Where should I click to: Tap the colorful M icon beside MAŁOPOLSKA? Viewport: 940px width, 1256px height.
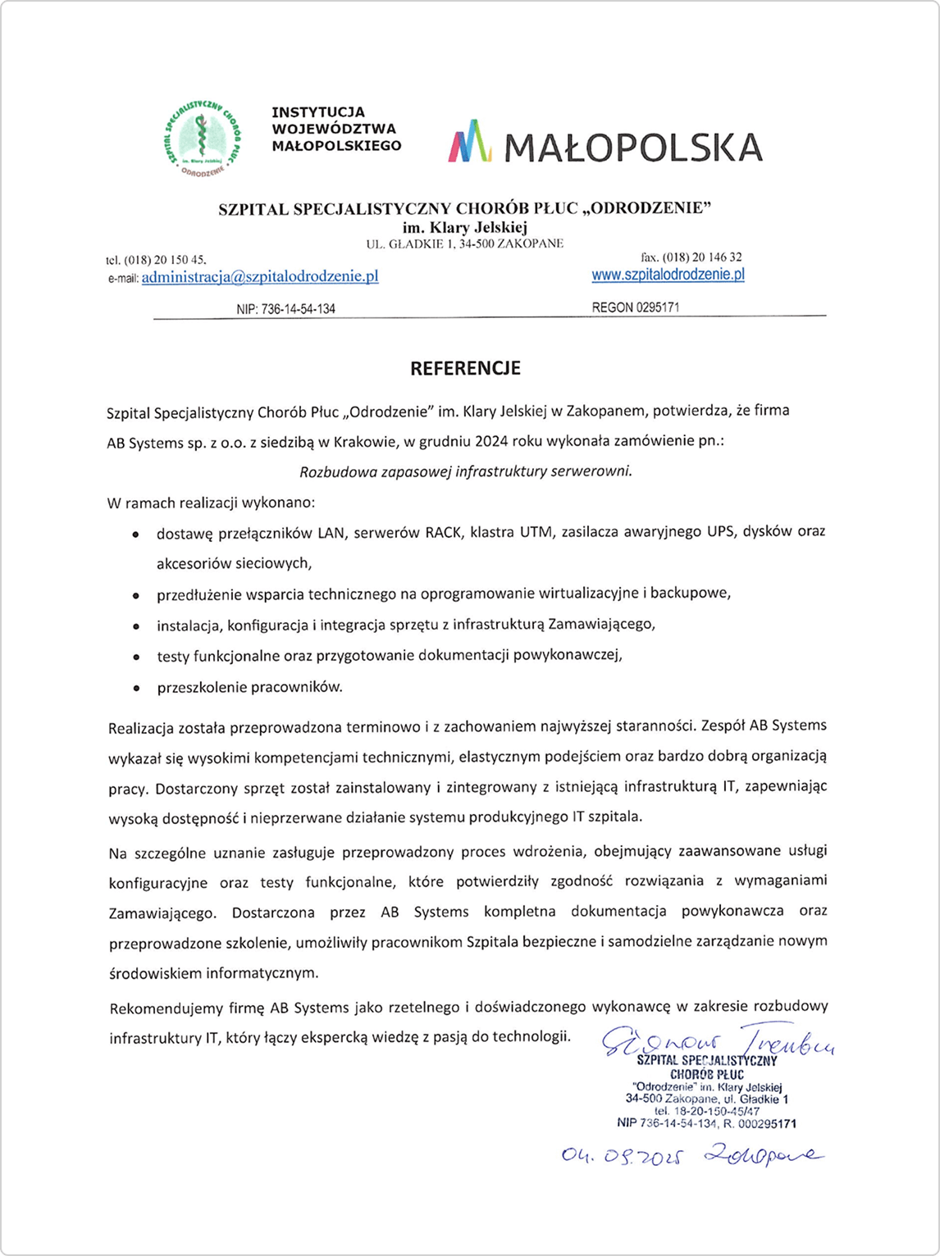[470, 142]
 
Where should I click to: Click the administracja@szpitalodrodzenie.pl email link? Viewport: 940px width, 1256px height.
[260, 277]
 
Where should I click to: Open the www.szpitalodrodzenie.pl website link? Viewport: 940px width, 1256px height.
[668, 275]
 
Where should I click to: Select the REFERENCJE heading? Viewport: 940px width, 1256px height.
[465, 369]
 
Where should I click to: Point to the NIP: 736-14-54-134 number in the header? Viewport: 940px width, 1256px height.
[285, 309]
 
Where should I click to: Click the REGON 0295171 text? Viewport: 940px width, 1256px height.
[635, 307]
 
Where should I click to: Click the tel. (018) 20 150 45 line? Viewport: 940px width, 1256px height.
[156, 260]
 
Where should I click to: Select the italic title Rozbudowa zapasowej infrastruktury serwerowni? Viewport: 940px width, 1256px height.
[466, 471]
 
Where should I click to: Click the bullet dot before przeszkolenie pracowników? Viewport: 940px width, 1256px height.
[135, 689]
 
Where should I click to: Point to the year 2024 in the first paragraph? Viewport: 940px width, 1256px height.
[490, 441]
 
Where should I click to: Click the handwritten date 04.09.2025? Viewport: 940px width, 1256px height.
[622, 1156]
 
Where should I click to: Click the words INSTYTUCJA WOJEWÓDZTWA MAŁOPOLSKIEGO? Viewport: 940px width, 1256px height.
[336, 129]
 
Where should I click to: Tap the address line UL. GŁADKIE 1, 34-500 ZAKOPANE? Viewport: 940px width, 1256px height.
[464, 243]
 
